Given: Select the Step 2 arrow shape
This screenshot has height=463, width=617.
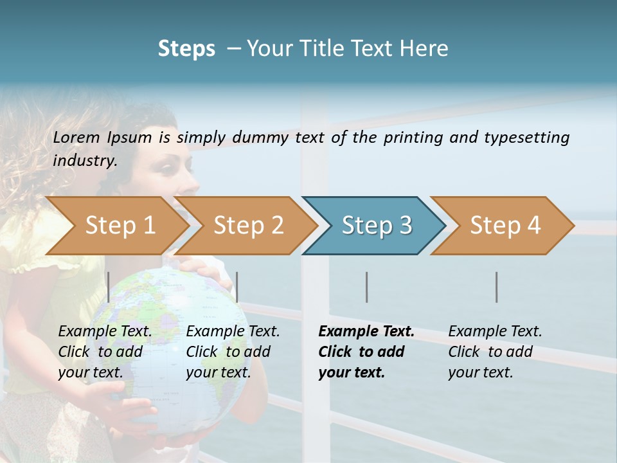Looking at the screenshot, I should (248, 226).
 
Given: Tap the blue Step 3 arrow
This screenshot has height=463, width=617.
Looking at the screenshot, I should (376, 226).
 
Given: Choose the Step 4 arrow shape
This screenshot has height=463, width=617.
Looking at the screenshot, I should (505, 226).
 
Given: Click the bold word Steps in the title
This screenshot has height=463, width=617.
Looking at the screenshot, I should (186, 49).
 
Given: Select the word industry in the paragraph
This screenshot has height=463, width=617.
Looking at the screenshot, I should (85, 160).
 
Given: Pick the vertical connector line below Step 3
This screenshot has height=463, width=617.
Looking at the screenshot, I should (367, 287).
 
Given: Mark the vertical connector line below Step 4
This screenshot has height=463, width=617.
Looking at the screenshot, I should (497, 287).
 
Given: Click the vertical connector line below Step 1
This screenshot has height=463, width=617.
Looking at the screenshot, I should (109, 287).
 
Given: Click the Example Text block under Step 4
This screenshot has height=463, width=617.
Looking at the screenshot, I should (495, 352).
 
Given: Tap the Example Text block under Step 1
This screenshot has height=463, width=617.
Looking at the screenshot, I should (105, 352).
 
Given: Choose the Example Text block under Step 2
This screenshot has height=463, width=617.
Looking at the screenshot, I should (233, 352).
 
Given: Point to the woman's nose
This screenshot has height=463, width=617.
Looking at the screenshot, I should (192, 181).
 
